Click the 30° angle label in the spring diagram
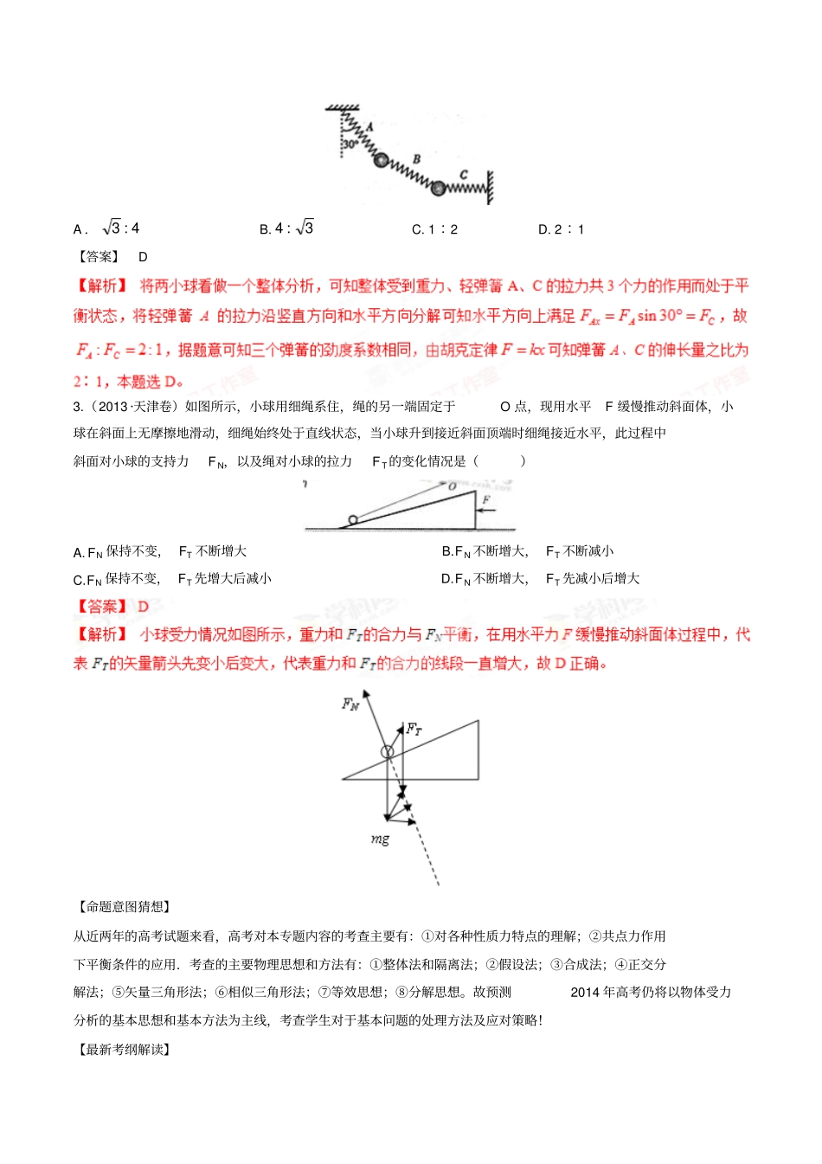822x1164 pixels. point(350,145)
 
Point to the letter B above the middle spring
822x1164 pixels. point(417,159)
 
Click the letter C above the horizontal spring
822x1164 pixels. point(464,175)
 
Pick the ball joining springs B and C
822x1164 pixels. point(439,188)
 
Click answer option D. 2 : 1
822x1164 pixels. point(562,229)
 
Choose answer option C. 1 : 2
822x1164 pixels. point(435,229)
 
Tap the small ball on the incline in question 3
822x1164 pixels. point(352,521)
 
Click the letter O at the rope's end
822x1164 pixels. point(452,487)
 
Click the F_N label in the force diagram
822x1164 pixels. point(350,704)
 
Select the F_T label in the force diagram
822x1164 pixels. point(414,729)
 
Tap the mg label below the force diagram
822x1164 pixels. point(380,839)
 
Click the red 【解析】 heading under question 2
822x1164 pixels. point(102,286)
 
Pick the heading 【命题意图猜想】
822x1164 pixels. point(124,906)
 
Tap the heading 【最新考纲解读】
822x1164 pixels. point(124,1049)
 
